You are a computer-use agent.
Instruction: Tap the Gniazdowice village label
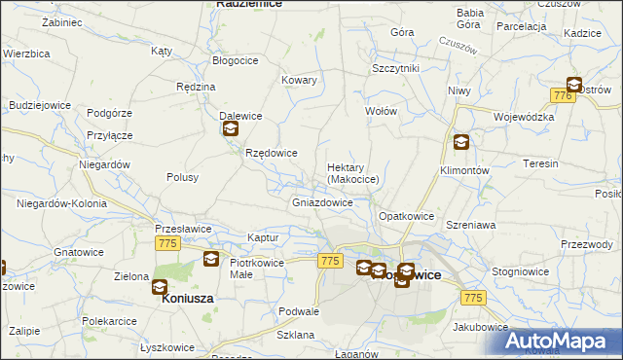[322, 203]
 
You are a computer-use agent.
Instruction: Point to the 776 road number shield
[561, 95]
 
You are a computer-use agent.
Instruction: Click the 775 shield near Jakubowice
[473, 297]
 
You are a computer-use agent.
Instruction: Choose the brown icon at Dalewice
[230, 128]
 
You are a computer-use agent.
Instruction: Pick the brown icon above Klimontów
[460, 142]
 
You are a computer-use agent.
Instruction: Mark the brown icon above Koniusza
[160, 287]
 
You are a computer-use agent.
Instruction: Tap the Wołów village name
[381, 111]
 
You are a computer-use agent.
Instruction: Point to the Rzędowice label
[271, 154]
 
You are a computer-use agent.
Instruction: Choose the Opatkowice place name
[405, 215]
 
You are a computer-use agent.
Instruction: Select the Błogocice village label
[235, 60]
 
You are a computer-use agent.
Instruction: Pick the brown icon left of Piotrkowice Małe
[210, 259]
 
